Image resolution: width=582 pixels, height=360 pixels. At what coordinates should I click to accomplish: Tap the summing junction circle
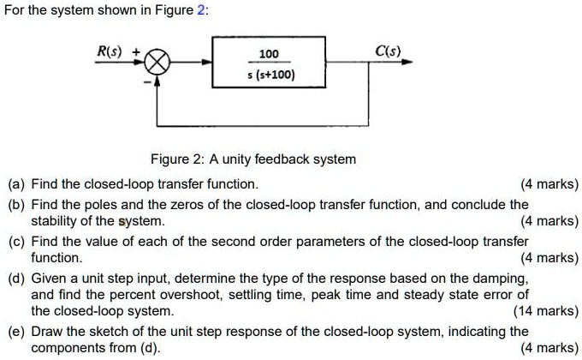(x=159, y=62)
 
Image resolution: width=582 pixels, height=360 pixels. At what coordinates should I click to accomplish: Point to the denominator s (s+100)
(x=268, y=75)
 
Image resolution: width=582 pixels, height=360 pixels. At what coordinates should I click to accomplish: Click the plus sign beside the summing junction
(x=137, y=51)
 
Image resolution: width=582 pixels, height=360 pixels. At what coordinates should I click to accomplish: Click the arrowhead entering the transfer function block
(x=208, y=62)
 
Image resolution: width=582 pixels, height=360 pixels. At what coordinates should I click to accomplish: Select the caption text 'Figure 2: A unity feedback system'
(x=252, y=159)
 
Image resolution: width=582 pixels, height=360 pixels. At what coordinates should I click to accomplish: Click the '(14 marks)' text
(x=545, y=311)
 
